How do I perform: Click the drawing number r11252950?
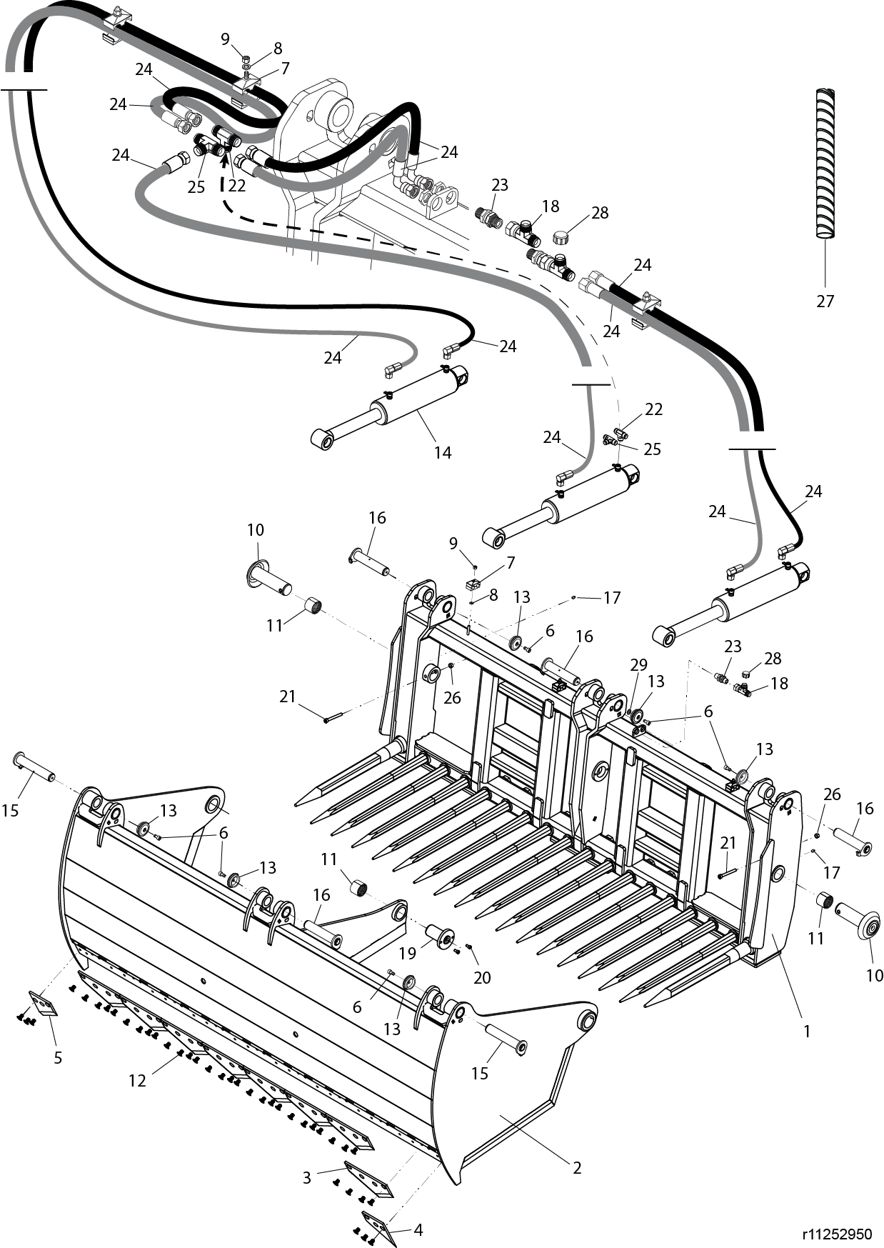pyautogui.click(x=837, y=1234)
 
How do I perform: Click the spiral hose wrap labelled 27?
pyautogui.click(x=825, y=164)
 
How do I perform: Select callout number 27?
pyautogui.click(x=825, y=301)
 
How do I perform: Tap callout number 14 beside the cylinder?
pyautogui.click(x=443, y=452)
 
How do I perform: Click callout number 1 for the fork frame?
pyautogui.click(x=807, y=1032)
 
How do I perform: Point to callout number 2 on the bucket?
pyautogui.click(x=577, y=1168)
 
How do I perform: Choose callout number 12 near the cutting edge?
pyautogui.click(x=137, y=1081)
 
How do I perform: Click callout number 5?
pyautogui.click(x=58, y=1057)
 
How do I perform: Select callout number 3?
pyautogui.click(x=307, y=1177)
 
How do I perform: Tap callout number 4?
pyautogui.click(x=418, y=1230)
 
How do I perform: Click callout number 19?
pyautogui.click(x=407, y=953)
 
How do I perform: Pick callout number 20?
pyautogui.click(x=483, y=977)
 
